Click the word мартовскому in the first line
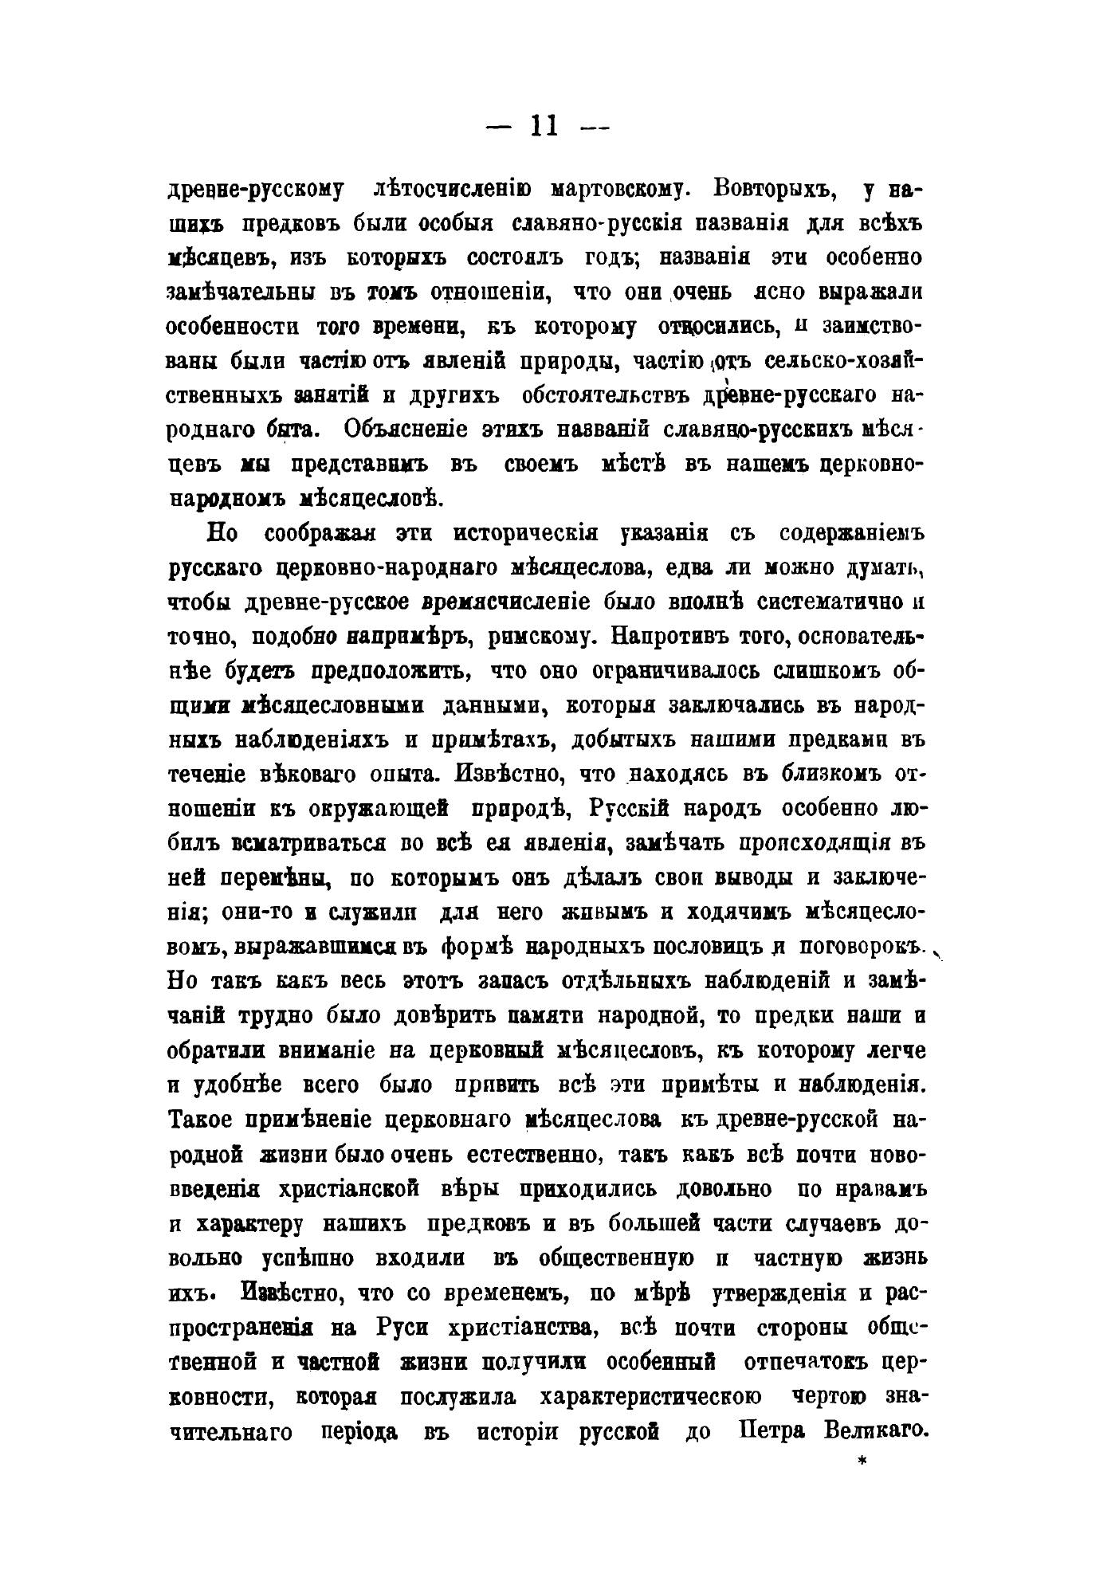[615, 190]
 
